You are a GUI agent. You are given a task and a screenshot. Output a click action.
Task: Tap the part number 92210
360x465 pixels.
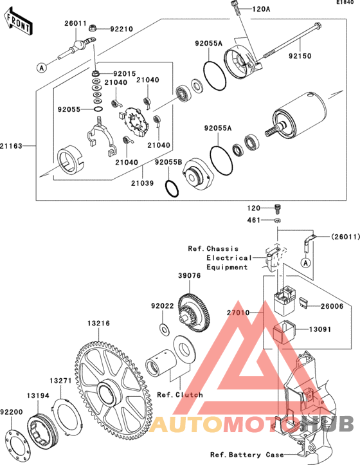[x=122, y=29]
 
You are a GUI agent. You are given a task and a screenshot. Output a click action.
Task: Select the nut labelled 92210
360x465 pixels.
[x=92, y=28]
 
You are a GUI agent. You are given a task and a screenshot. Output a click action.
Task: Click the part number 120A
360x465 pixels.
[x=261, y=9]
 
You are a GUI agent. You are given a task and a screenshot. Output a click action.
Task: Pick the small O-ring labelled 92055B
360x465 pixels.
[x=172, y=188]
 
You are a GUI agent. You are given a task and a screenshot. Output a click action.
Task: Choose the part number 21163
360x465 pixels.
[x=11, y=146]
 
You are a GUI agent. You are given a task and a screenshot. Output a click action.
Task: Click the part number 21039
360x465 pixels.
[x=143, y=183]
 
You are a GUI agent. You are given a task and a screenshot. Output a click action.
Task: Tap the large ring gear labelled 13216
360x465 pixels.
[x=113, y=392]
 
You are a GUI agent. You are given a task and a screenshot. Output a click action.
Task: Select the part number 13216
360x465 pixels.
[x=98, y=324]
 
